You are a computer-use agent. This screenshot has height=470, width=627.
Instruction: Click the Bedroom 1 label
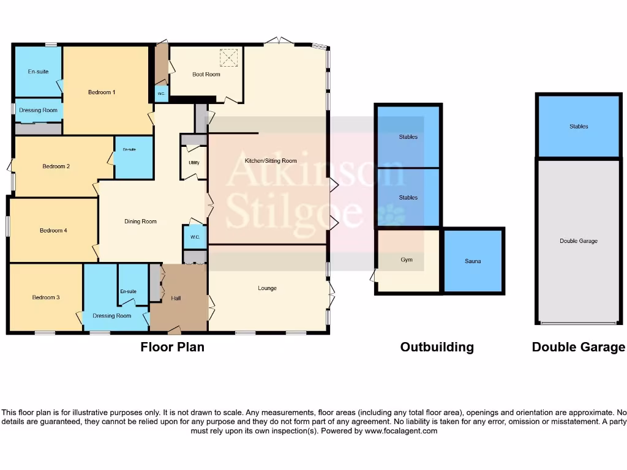102,92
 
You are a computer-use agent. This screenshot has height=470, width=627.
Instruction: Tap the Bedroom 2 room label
56,166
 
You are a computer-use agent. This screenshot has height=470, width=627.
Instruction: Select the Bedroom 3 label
46,298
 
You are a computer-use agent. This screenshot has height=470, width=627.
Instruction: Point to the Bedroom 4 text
53,231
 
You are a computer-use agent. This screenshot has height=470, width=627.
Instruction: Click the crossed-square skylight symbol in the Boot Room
228,58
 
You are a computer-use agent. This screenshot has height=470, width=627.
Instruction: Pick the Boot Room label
206,75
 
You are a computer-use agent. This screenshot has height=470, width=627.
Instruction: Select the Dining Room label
141,222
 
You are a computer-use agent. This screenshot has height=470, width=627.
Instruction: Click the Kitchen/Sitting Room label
271,161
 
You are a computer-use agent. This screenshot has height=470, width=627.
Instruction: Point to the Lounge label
267,288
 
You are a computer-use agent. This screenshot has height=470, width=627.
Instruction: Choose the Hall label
176,298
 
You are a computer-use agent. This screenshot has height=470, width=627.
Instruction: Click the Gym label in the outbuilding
407,260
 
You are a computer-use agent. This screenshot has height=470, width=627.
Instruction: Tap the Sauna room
472,261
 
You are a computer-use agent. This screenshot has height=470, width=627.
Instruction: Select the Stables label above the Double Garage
579,127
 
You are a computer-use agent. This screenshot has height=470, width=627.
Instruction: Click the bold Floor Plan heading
172,347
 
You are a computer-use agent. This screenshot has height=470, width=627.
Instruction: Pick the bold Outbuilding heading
437,347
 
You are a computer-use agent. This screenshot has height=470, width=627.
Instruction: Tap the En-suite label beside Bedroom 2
129,150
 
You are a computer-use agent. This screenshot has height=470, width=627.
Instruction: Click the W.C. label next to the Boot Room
161,94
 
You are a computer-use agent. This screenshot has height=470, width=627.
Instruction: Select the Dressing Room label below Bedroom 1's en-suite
38,111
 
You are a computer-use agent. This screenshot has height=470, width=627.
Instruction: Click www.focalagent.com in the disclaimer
400,431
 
